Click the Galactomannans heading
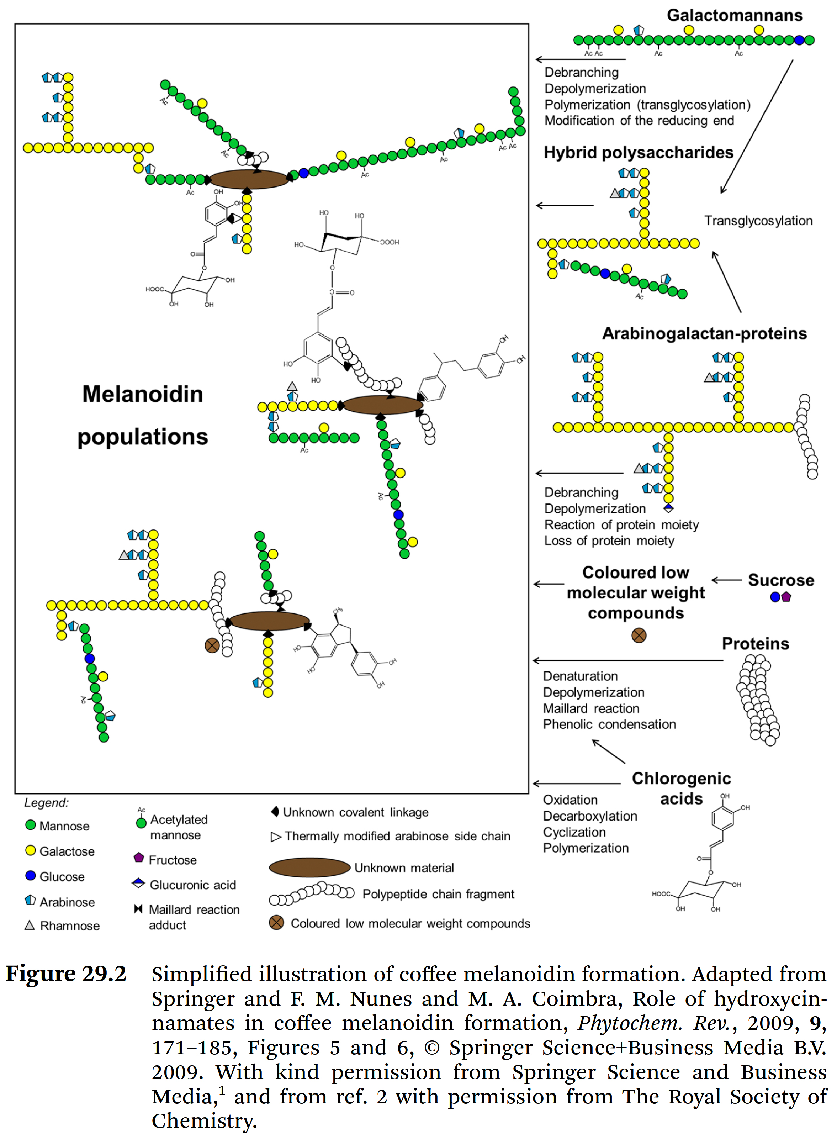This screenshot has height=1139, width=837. pyautogui.click(x=734, y=15)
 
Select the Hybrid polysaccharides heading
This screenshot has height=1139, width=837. pyautogui.click(x=639, y=153)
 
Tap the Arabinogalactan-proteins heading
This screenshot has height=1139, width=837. pyautogui.click(x=704, y=333)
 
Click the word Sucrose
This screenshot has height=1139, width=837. pyautogui.click(x=781, y=580)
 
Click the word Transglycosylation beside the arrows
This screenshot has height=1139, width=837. pyautogui.click(x=758, y=221)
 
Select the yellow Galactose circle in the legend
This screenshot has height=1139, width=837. pyautogui.click(x=30, y=851)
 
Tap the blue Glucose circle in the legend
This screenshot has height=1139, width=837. pyautogui.click(x=30, y=876)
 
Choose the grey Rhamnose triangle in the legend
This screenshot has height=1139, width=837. pyautogui.click(x=30, y=925)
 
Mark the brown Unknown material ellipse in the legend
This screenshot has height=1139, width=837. pyautogui.click(x=309, y=868)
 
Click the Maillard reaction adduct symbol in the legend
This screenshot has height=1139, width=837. pyautogui.click(x=138, y=909)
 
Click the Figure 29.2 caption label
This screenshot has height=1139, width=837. pyautogui.click(x=66, y=974)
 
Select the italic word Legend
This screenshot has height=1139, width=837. pyautogui.click(x=46, y=803)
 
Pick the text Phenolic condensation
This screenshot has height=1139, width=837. pyautogui.click(x=609, y=724)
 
